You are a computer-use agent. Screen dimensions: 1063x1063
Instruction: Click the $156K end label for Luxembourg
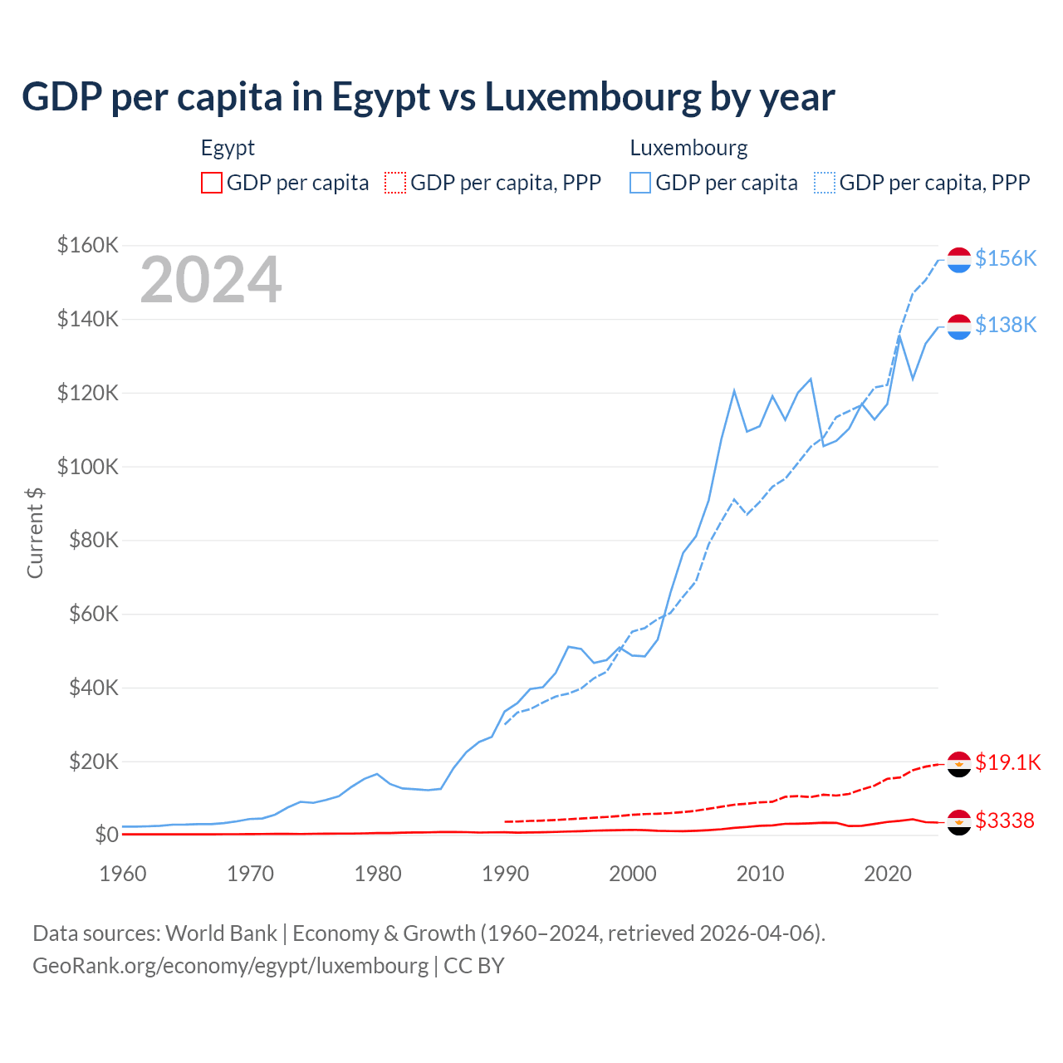pyautogui.click(x=1006, y=258)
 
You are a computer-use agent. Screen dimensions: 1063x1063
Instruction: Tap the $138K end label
pyautogui.click(x=1006, y=325)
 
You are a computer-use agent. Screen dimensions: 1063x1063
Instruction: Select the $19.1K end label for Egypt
pyautogui.click(x=1007, y=762)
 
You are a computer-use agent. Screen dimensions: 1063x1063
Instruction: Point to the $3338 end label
pyautogui.click(x=1005, y=821)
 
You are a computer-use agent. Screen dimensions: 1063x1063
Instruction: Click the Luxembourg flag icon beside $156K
pyautogui.click(x=959, y=259)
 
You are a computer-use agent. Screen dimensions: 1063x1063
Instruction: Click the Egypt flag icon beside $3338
pyautogui.click(x=959, y=821)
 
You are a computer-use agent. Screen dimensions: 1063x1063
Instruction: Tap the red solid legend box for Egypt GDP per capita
pyautogui.click(x=212, y=183)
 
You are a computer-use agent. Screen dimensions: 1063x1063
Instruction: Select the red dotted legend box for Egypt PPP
pyautogui.click(x=395, y=183)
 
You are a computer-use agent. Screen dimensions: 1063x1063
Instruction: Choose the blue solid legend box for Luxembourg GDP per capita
pyautogui.click(x=640, y=183)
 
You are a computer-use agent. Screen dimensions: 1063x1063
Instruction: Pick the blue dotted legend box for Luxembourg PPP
pyautogui.click(x=825, y=183)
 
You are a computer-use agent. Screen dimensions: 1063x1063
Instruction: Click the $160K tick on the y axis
pyautogui.click(x=87, y=245)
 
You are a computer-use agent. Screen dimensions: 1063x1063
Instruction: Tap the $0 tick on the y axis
pyautogui.click(x=105, y=835)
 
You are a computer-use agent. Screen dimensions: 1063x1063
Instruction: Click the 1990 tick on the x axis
pyautogui.click(x=505, y=874)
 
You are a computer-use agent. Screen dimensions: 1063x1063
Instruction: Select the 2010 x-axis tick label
pyautogui.click(x=760, y=874)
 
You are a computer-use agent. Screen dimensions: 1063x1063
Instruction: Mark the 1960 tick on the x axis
pyautogui.click(x=123, y=874)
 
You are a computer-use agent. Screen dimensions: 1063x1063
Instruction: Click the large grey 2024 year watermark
pyautogui.click(x=211, y=280)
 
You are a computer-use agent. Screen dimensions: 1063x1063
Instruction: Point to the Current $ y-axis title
pyautogui.click(x=35, y=532)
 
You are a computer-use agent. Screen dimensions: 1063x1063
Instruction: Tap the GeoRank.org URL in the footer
pyautogui.click(x=230, y=966)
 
